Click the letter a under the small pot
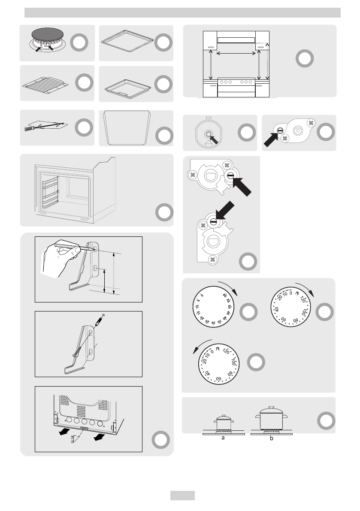(x=223, y=438)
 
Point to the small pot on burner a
(x=223, y=421)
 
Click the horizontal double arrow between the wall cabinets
(x=236, y=54)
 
